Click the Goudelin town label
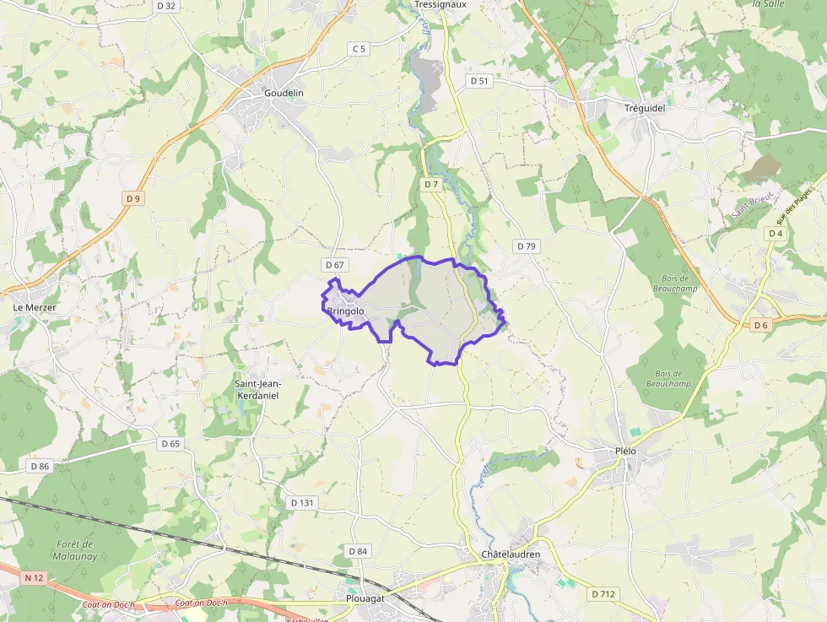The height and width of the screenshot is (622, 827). tap(284, 93)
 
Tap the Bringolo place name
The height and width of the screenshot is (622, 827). tap(345, 311)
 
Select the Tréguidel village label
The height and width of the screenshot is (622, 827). tap(646, 108)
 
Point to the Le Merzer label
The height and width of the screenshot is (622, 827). tap(35, 308)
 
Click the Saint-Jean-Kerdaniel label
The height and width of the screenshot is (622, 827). tap(257, 389)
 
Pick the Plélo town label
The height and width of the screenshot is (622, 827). tap(624, 452)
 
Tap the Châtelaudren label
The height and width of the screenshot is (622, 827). tap(510, 554)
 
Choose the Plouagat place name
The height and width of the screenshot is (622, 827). tap(365, 598)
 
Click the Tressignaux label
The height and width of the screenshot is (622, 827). tap(441, 5)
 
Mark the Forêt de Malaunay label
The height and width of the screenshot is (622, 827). tap(76, 550)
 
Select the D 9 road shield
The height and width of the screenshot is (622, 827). tap(132, 198)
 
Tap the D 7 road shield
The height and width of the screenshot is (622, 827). tap(431, 184)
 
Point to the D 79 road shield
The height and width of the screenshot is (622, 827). tap(525, 246)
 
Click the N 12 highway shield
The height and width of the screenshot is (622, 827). tap(34, 577)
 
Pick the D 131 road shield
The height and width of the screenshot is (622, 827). tap(302, 502)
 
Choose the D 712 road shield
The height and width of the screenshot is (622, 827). tap(603, 594)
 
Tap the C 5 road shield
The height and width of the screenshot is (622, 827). tap(359, 49)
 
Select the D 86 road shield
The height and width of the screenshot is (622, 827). tap(40, 466)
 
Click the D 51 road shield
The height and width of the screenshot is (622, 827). tap(478, 81)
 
